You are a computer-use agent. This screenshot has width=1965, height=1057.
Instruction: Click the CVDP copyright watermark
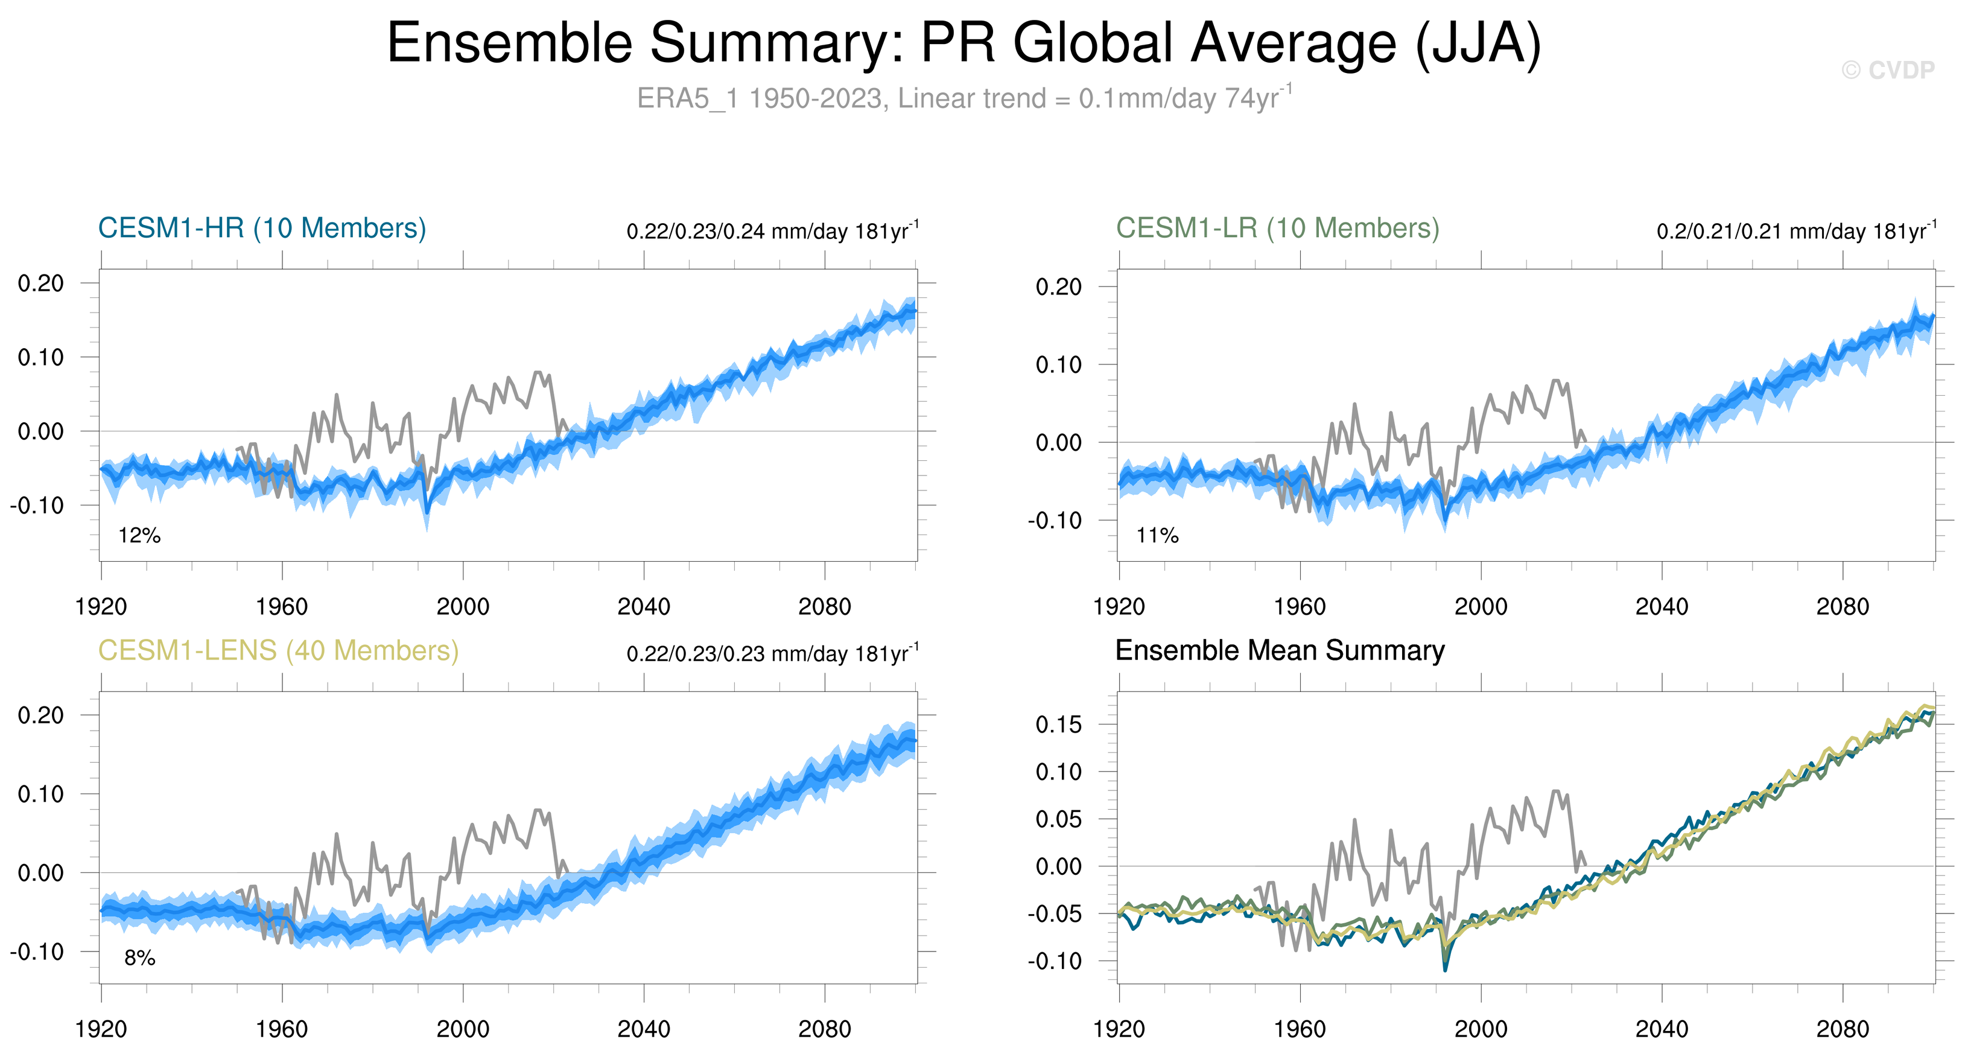1887,70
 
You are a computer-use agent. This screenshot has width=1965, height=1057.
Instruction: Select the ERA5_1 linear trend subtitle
964,98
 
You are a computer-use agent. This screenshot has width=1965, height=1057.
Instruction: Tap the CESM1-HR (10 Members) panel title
262,228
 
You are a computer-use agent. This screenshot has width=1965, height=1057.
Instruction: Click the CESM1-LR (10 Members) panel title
1277,228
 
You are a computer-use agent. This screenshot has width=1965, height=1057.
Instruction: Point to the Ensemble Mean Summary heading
1279,650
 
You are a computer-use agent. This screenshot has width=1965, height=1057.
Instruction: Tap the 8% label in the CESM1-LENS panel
139,958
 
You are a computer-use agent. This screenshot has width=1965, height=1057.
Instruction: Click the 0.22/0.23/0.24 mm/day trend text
772,231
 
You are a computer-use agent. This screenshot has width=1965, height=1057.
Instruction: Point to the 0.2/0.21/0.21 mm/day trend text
1795,231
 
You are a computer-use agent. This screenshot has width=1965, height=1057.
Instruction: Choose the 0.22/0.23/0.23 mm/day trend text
772,653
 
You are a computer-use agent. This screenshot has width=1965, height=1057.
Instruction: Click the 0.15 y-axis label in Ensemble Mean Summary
1058,725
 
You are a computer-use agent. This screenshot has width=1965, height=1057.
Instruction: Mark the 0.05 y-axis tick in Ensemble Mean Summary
1058,819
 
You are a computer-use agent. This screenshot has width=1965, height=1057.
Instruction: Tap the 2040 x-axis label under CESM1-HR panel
643,607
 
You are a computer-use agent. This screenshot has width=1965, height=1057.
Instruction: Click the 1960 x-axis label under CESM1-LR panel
1299,607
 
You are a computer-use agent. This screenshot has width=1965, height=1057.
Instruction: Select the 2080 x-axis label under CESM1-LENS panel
824,1029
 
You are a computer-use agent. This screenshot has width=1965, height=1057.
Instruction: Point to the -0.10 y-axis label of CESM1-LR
1054,521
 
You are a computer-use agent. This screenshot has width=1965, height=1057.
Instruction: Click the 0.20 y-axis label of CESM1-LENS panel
40,716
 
